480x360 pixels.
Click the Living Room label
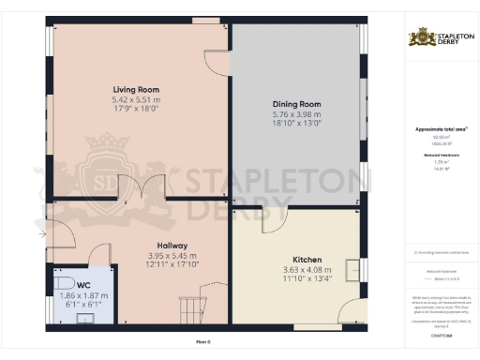click(x=136, y=90)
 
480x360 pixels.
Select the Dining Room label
click(x=297, y=104)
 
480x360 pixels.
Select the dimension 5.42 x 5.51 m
click(x=136, y=99)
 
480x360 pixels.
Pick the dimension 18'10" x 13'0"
click(x=297, y=122)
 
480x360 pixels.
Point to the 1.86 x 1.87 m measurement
click(x=84, y=295)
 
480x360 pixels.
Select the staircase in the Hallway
click(x=191, y=305)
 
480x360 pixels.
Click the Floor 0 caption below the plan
click(x=202, y=342)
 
